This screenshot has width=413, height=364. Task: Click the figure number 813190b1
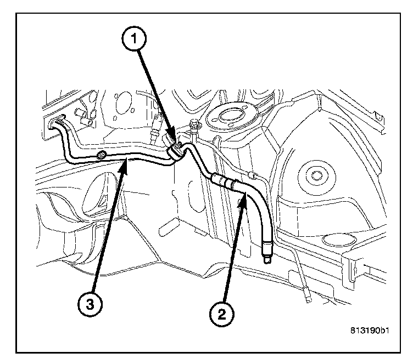tap(372, 331)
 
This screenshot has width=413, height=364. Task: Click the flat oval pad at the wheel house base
tap(337, 239)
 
